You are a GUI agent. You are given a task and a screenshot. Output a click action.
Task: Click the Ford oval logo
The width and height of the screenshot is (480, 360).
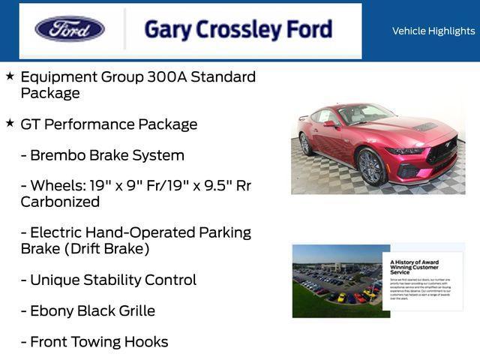pos(70,29)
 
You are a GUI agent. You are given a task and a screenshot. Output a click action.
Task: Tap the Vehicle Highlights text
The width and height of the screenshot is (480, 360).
pos(433,31)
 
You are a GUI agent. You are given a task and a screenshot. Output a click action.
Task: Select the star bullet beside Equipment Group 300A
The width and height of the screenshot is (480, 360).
pos(10,76)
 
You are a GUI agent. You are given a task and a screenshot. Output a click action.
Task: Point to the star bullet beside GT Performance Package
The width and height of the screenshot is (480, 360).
pos(10,123)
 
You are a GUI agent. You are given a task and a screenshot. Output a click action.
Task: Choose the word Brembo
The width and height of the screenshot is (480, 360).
pos(58,155)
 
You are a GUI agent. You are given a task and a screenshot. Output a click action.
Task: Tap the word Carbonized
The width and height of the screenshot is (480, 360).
pos(60,202)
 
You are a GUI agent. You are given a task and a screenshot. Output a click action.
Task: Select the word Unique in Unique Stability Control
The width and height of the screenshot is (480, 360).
pos(55,280)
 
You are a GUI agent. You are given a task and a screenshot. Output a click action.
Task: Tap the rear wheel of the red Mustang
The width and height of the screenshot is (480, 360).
pos(306,144)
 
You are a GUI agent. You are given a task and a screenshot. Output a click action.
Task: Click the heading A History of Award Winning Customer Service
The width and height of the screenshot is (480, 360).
pos(415,267)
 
